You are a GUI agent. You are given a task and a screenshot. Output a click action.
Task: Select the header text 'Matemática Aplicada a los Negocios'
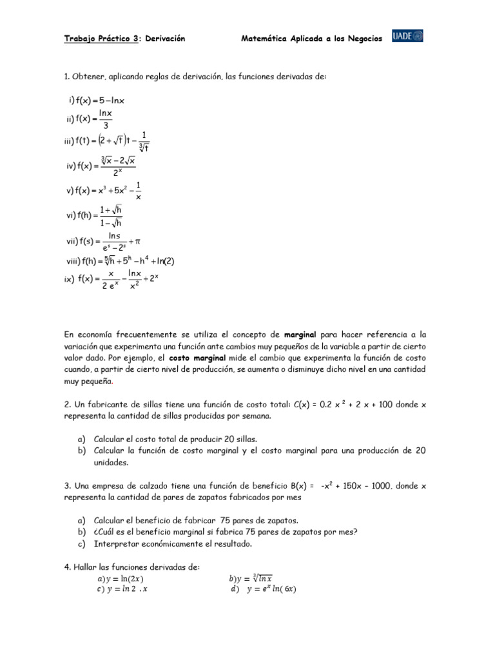(311, 39)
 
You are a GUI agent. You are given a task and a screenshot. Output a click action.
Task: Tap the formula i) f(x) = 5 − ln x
(97, 100)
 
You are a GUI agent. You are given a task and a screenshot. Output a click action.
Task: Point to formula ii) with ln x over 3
(90, 119)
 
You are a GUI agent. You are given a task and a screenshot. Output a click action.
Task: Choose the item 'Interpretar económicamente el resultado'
(173, 543)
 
